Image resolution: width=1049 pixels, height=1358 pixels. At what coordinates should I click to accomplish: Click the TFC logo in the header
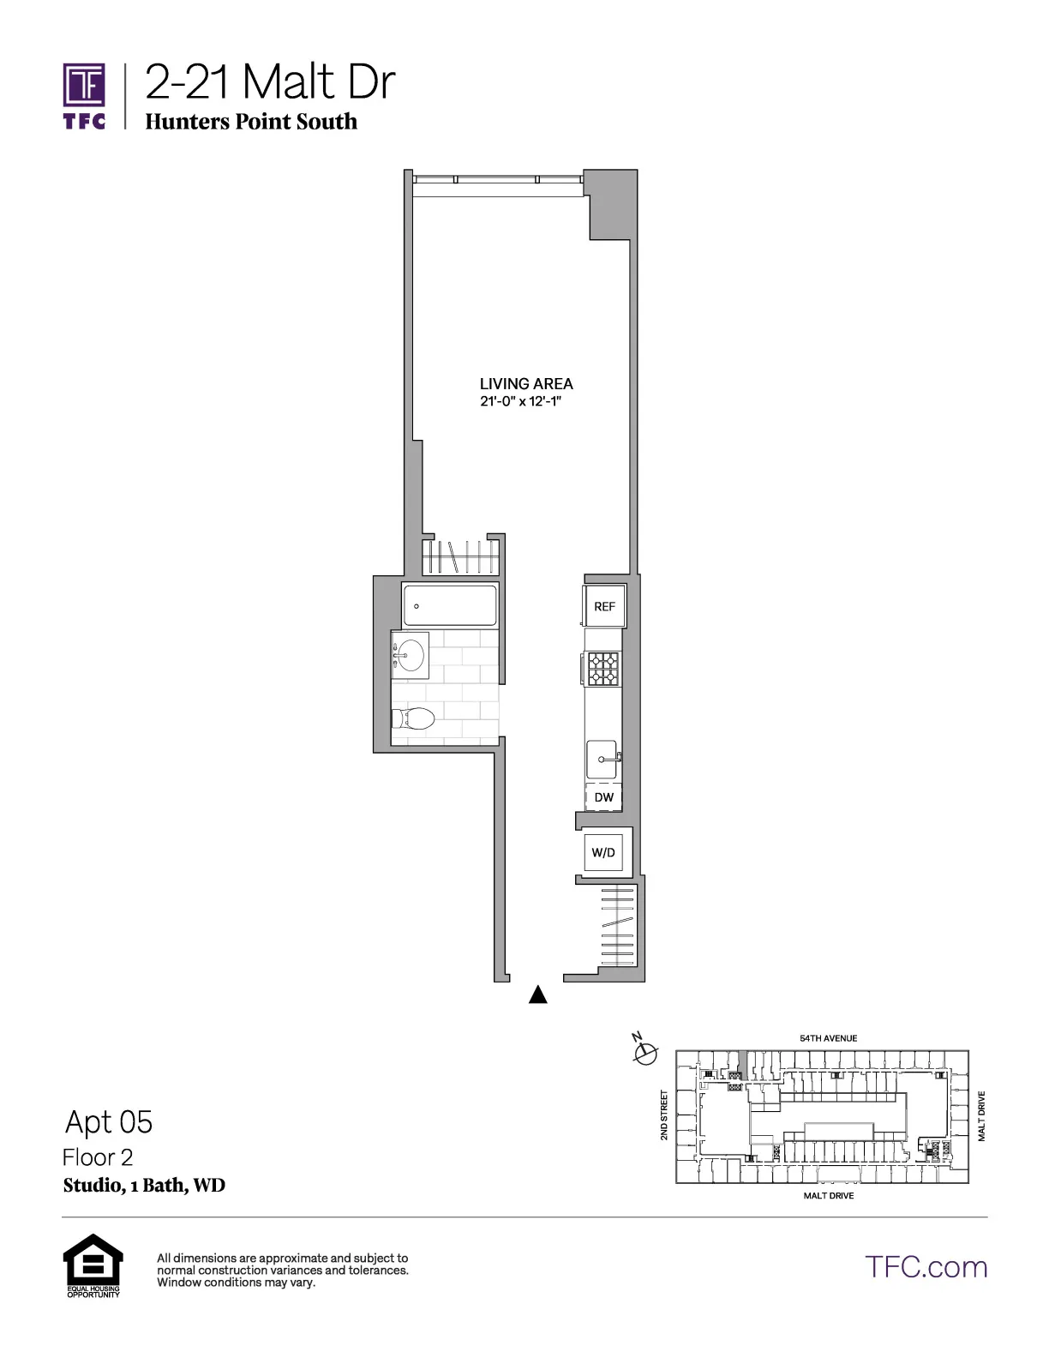click(84, 95)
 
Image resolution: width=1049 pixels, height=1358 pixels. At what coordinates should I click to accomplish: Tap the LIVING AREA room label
click(526, 384)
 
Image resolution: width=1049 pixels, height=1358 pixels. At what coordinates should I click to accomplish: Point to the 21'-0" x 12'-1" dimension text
click(519, 401)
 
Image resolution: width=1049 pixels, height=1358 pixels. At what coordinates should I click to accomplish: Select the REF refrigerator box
click(604, 606)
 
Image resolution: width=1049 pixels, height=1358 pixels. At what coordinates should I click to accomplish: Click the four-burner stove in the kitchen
click(602, 669)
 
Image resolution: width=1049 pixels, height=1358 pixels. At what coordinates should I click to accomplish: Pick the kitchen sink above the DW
click(602, 759)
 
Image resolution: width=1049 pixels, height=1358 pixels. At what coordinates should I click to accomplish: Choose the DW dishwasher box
click(603, 797)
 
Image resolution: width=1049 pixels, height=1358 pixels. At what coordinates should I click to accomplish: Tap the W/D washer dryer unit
click(603, 852)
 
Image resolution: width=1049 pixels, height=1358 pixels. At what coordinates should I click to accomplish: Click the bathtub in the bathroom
click(449, 605)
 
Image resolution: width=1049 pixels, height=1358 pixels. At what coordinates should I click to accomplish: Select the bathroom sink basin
click(411, 656)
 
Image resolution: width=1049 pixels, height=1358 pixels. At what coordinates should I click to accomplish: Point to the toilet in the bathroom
click(414, 718)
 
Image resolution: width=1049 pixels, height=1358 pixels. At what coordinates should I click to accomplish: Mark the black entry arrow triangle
click(537, 994)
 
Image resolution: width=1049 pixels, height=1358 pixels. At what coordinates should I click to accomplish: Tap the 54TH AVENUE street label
click(828, 1038)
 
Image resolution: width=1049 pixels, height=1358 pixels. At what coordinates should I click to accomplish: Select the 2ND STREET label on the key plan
click(664, 1115)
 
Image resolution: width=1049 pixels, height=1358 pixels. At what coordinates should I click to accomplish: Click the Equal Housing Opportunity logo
click(93, 1265)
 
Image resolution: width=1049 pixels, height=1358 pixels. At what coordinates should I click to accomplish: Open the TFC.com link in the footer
click(926, 1266)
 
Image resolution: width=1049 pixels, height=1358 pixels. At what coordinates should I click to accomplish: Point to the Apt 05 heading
click(109, 1121)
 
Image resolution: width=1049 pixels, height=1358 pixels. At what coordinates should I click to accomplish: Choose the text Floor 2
click(98, 1157)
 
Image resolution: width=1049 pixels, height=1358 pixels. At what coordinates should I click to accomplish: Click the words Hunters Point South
click(251, 122)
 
